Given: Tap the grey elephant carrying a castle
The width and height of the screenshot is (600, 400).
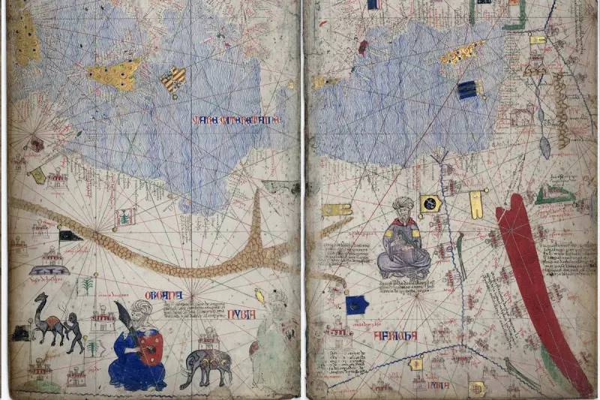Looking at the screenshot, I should [205, 363].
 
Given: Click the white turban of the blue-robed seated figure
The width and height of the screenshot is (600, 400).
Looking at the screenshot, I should [141, 309].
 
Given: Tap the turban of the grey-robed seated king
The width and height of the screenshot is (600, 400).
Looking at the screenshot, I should [403, 206].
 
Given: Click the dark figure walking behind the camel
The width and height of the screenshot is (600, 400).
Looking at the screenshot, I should [75, 330].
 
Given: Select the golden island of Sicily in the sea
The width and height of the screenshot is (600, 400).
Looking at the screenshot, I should [114, 74].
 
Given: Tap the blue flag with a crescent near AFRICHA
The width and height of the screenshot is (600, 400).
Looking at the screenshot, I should [356, 304].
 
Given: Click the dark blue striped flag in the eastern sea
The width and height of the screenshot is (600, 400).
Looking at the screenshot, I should [467, 90].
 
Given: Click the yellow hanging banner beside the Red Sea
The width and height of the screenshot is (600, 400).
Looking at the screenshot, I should [475, 204].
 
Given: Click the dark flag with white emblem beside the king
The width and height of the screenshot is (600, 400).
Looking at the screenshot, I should [430, 203].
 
